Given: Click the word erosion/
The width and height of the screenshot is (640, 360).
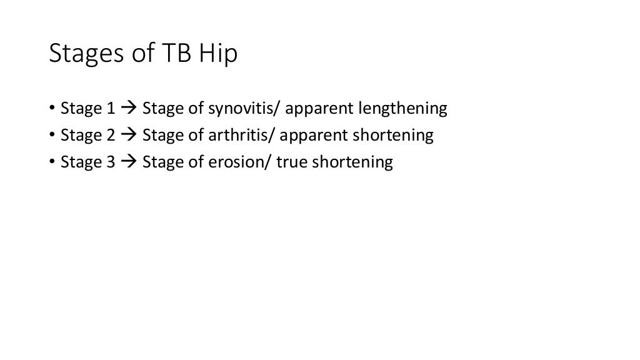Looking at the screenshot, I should (234, 162).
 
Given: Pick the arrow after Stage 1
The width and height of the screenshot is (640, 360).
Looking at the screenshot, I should (129, 109).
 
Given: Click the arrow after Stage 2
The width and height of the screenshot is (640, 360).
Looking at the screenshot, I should (129, 136).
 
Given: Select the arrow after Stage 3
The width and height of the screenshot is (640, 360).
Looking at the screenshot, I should (129, 163).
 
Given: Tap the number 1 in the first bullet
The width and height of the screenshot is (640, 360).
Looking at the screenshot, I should (111, 109).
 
